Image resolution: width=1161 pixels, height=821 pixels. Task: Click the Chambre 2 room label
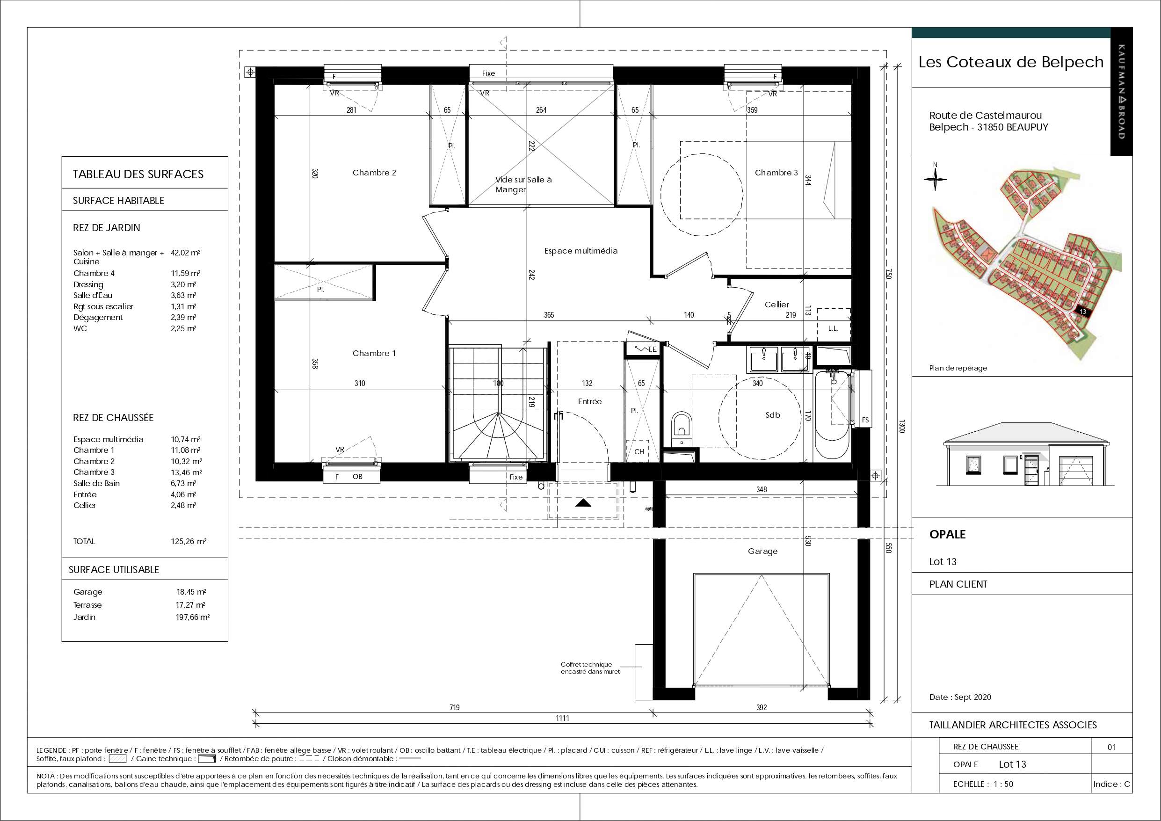click(374, 173)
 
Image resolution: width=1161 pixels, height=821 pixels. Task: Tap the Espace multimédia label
click(580, 250)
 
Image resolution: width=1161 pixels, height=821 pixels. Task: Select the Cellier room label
click(776, 305)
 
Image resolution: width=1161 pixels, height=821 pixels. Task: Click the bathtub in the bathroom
click(832, 415)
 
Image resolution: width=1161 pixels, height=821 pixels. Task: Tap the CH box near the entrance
click(639, 451)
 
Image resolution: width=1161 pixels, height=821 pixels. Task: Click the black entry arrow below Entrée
click(583, 503)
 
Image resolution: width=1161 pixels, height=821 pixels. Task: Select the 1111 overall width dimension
click(563, 718)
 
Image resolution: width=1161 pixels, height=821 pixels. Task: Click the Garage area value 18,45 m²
click(191, 592)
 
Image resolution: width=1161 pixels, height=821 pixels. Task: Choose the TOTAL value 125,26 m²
click(188, 541)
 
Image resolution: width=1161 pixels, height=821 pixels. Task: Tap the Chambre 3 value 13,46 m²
click(186, 472)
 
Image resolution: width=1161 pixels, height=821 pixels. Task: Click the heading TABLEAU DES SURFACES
click(138, 174)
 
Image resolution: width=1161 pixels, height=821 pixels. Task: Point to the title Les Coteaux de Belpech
click(1011, 62)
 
